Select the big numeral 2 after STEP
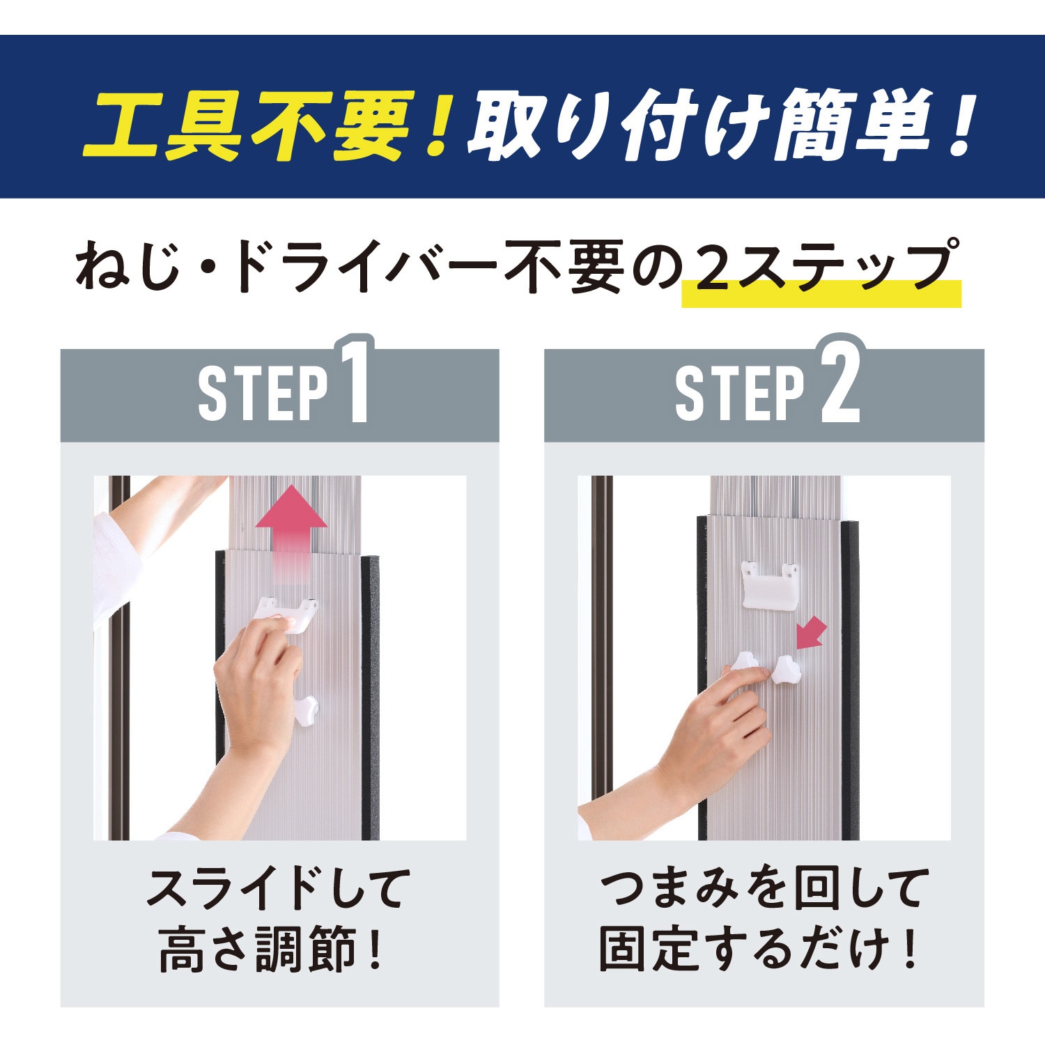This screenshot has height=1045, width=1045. click(840, 382)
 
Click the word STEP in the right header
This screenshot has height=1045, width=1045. click(740, 394)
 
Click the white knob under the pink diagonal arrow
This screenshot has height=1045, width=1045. click(787, 669)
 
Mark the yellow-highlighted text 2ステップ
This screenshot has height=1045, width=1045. click(822, 268)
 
